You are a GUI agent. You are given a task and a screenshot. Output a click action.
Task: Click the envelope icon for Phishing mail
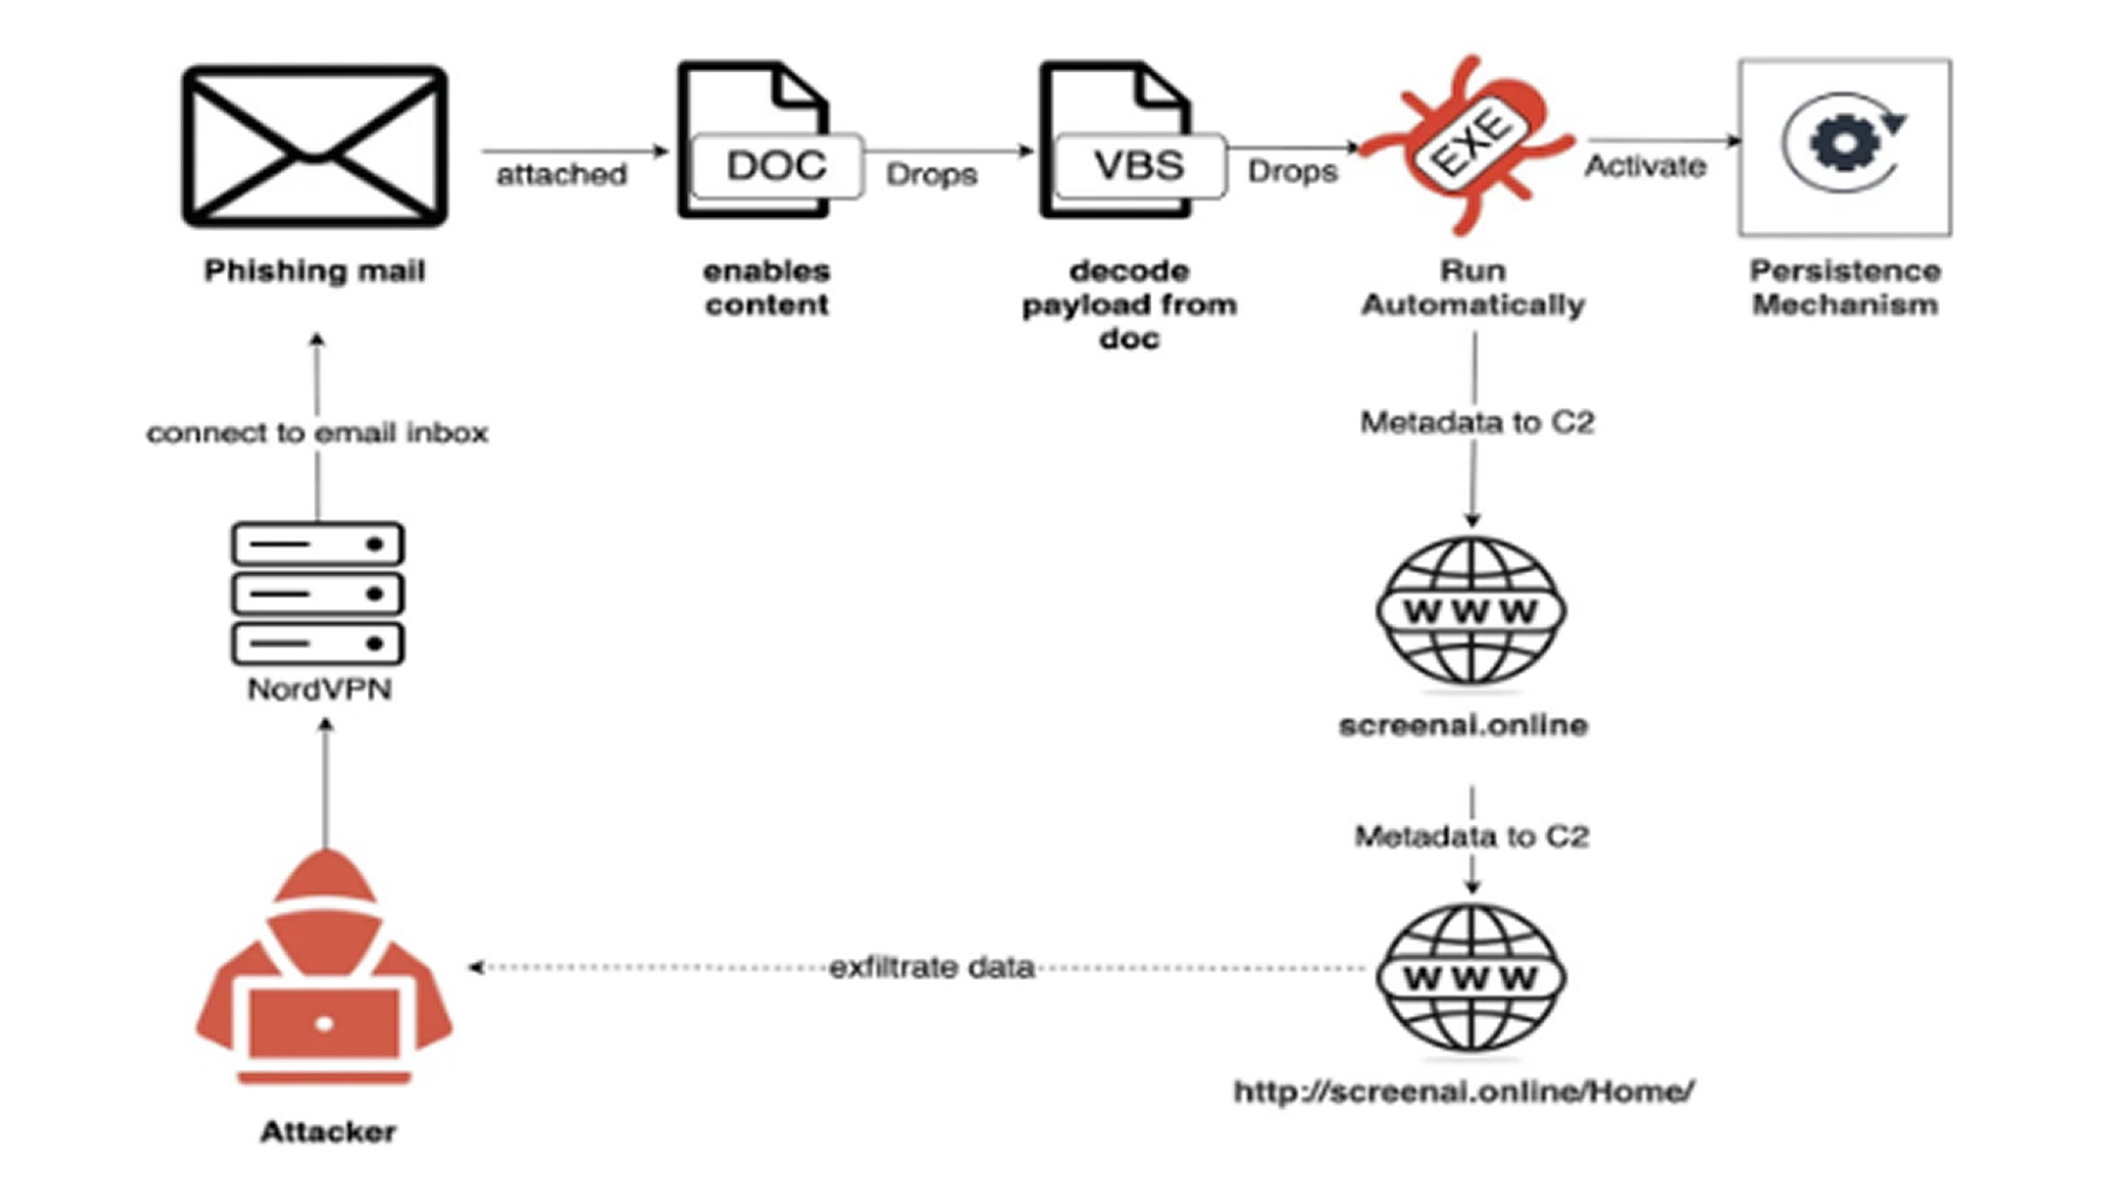point(314,146)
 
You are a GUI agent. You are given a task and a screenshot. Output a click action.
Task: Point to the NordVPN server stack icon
point(318,594)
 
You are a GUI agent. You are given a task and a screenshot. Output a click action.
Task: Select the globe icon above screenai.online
point(1471,611)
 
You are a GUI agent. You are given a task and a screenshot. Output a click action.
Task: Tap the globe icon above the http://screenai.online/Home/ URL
point(1471,977)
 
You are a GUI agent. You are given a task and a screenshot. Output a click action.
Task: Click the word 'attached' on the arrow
point(562,175)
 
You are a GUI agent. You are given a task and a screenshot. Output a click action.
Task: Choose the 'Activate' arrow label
point(1645,166)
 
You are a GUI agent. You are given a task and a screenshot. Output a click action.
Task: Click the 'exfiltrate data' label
point(932,968)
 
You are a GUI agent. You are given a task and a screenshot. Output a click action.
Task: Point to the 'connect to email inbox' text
point(317,432)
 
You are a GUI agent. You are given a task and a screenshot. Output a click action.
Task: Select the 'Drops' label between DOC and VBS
point(932,175)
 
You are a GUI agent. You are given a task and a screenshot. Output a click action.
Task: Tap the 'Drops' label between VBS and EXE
point(1292,171)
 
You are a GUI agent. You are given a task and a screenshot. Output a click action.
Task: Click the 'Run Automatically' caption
point(1473,288)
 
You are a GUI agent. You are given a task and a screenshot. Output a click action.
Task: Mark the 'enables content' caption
point(766,288)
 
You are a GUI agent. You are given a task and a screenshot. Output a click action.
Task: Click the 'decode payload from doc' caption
point(1129,305)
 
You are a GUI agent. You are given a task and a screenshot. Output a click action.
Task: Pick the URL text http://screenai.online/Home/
point(1463,1091)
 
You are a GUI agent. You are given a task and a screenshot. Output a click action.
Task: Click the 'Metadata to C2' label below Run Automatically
point(1477,422)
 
